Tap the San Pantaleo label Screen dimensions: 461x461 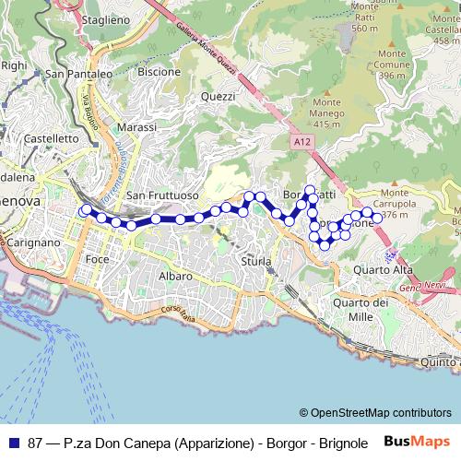[78, 75]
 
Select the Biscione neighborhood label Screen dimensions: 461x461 [159, 71]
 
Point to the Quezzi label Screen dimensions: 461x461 [218, 96]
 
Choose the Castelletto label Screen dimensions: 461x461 [52, 138]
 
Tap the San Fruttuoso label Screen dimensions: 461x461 [162, 195]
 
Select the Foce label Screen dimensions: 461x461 [97, 260]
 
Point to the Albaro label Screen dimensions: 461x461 [175, 277]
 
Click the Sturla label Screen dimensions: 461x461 [256, 262]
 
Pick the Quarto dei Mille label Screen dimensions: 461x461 [360, 309]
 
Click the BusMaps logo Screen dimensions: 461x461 [417, 442]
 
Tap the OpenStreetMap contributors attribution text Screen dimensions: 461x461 [375, 413]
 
